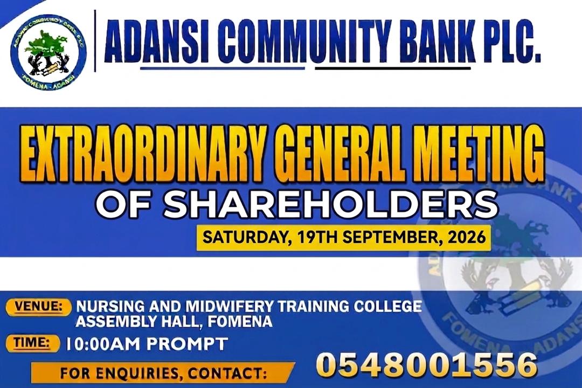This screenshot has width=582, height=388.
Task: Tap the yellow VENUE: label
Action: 38,307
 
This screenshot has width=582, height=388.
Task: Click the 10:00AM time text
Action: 102,344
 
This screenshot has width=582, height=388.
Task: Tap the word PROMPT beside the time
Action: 186,344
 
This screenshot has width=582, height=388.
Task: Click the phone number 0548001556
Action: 426,365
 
